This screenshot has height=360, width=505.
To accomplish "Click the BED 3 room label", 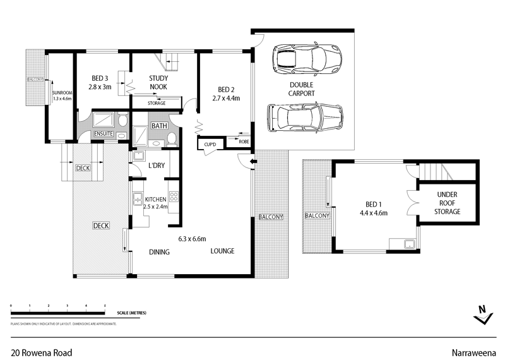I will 100,78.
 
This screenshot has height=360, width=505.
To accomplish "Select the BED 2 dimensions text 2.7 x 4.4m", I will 225,98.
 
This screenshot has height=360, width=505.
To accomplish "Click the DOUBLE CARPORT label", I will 302,89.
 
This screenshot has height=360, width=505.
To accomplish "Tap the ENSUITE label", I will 104,135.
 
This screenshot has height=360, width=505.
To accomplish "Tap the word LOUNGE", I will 222,251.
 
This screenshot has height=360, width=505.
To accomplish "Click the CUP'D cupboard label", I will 210,145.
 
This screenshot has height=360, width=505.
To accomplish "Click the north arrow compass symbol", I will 482,313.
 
